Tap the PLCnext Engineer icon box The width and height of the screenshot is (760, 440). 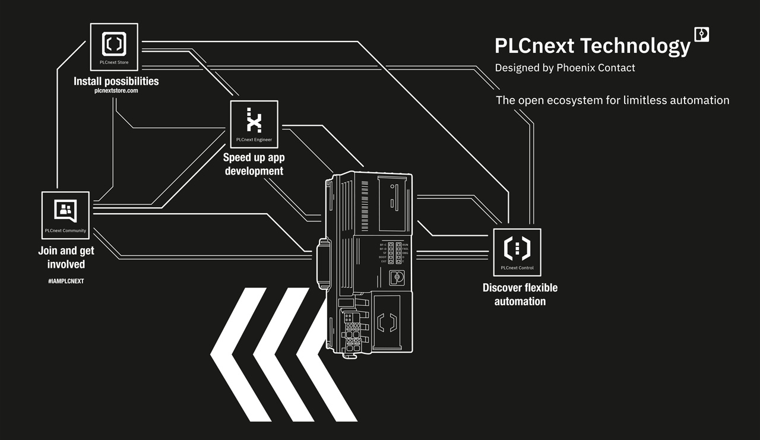pyautogui.click(x=254, y=124)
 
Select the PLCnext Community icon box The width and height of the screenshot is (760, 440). pyautogui.click(x=65, y=215)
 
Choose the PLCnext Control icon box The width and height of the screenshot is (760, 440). pyautogui.click(x=517, y=252)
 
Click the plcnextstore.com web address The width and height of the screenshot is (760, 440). pyautogui.click(x=116, y=91)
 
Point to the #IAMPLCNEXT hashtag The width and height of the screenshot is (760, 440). pyautogui.click(x=66, y=281)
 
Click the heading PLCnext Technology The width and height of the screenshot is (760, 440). pyautogui.click(x=593, y=46)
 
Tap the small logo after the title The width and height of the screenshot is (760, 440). pyautogui.click(x=702, y=34)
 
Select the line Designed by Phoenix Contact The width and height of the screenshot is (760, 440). pyautogui.click(x=565, y=68)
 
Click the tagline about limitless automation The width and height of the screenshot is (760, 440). pyautogui.click(x=612, y=100)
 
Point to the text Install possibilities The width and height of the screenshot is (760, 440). pyautogui.click(x=116, y=81)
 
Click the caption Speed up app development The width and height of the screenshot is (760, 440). pyautogui.click(x=254, y=164)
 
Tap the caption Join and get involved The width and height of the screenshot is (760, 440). pyautogui.click(x=66, y=258)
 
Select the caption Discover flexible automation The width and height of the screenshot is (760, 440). pyautogui.click(x=520, y=295)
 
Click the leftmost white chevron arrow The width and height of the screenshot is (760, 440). pyautogui.click(x=238, y=354)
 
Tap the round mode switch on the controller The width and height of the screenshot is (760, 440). pyautogui.click(x=397, y=277)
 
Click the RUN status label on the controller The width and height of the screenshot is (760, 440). pyautogui.click(x=405, y=245)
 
